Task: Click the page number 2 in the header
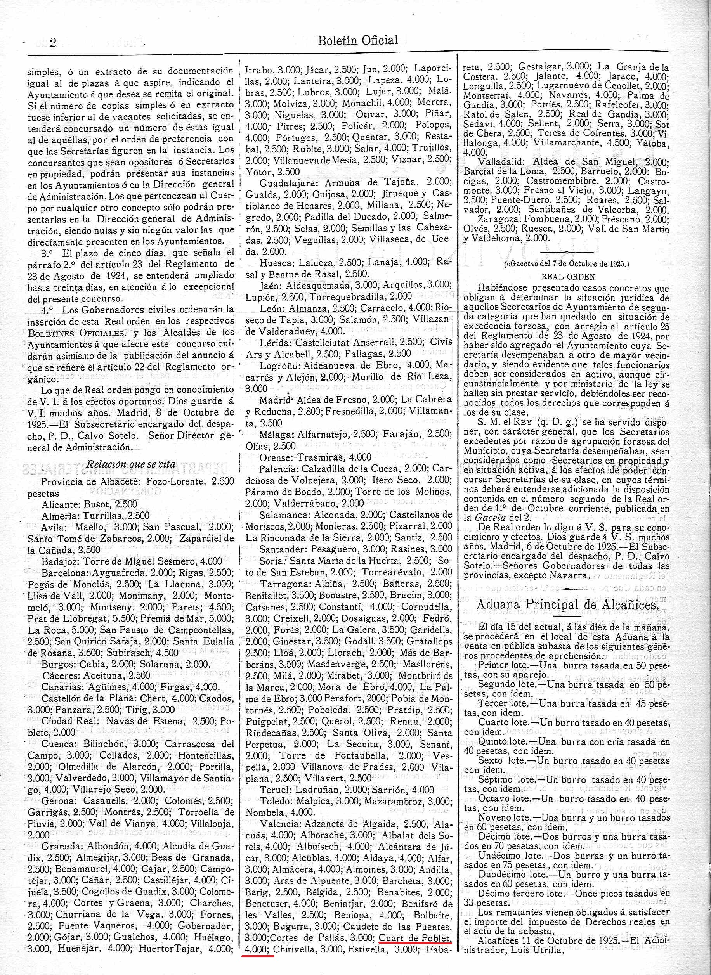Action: [54, 42]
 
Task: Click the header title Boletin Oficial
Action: [358, 40]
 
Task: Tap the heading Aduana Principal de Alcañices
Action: [568, 604]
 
